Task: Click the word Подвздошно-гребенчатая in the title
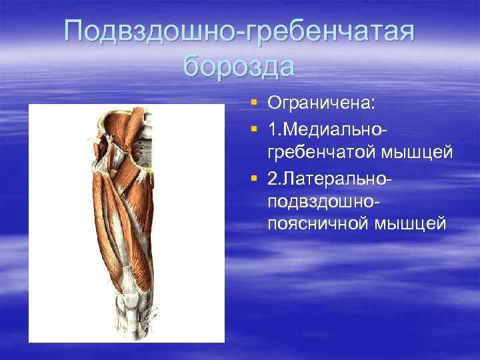(240, 32)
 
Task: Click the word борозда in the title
(239, 67)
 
